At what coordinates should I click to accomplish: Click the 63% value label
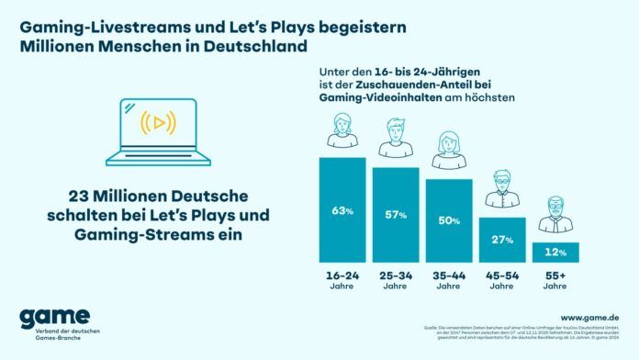(342, 210)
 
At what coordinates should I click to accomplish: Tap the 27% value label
(502, 240)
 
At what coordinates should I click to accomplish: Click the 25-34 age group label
(396, 276)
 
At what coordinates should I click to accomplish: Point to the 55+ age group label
(555, 276)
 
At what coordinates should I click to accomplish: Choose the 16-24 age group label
(342, 276)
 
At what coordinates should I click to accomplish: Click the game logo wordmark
(54, 317)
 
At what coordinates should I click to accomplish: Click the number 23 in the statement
(81, 197)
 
